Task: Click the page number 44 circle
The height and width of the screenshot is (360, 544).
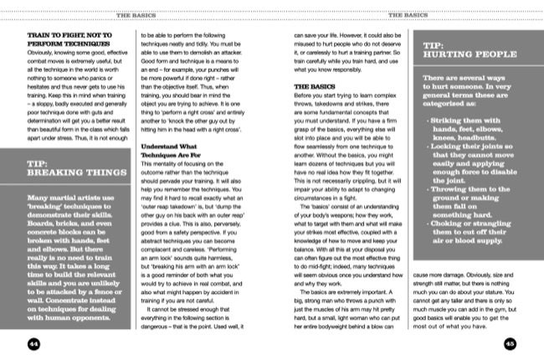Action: coord(34,342)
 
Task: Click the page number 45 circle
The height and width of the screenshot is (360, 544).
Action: coord(509,342)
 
